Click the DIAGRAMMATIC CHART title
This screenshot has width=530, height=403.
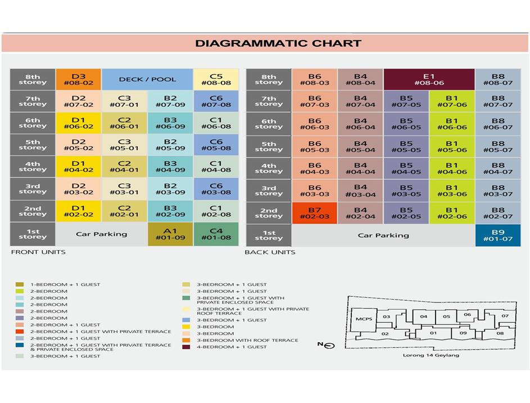278,43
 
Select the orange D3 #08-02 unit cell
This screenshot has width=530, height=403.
78,80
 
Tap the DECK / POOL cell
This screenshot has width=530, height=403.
147,79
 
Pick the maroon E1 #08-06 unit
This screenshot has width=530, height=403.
429,79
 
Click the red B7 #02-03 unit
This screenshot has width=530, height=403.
314,213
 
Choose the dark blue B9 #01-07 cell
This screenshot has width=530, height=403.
498,236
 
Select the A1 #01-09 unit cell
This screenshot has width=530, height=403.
170,234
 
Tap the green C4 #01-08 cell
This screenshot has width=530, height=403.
216,234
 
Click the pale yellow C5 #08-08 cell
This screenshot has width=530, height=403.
216,80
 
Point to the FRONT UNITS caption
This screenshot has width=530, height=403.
38,252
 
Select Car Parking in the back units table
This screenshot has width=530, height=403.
383,236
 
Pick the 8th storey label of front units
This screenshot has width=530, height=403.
33,80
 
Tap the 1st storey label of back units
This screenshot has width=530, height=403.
269,236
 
